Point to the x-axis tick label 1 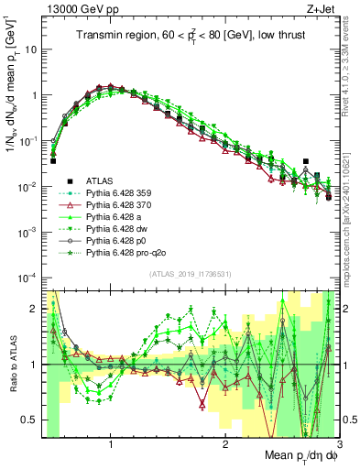coord(111,444)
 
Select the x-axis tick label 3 coord(339,444)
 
